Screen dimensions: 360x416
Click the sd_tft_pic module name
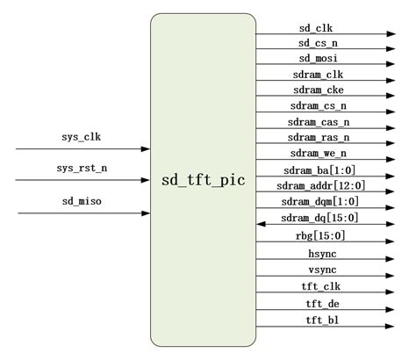pyautogui.click(x=204, y=181)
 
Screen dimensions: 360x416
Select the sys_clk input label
pyautogui.click(x=81, y=138)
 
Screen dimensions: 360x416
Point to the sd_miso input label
pyautogui.click(x=82, y=201)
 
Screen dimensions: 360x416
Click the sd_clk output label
pyautogui.click(x=315, y=27)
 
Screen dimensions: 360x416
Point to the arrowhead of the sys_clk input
pyautogui.click(x=145, y=149)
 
